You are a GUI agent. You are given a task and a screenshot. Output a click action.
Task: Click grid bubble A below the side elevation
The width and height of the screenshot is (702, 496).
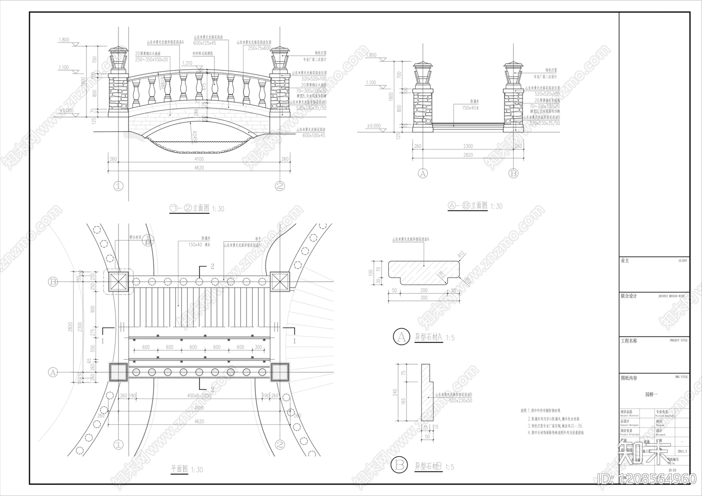423,173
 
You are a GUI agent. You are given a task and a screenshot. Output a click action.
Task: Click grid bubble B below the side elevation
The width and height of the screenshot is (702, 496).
513,173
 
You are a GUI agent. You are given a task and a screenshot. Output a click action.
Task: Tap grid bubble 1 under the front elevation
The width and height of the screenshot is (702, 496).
118,186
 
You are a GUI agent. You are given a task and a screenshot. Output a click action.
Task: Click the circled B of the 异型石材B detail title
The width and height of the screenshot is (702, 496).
399,465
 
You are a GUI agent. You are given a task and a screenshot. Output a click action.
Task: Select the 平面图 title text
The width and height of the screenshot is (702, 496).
179,469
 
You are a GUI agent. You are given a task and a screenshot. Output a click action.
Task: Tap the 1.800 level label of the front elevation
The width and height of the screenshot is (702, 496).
64,40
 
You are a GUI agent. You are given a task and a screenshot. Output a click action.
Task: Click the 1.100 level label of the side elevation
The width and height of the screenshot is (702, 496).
371,83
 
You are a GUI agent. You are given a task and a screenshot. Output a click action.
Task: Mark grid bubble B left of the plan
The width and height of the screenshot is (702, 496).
53,282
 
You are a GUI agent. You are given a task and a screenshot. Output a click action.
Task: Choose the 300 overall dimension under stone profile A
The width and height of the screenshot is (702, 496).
424,298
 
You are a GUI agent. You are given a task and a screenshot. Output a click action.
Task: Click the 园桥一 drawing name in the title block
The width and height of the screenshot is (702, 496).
652,394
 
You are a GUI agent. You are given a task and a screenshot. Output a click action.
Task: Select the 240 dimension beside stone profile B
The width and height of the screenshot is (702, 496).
395,392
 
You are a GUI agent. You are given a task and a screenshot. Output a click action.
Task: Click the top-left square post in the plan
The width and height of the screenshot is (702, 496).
118,281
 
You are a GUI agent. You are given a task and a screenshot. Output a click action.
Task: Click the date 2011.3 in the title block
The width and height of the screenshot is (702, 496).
682,451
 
